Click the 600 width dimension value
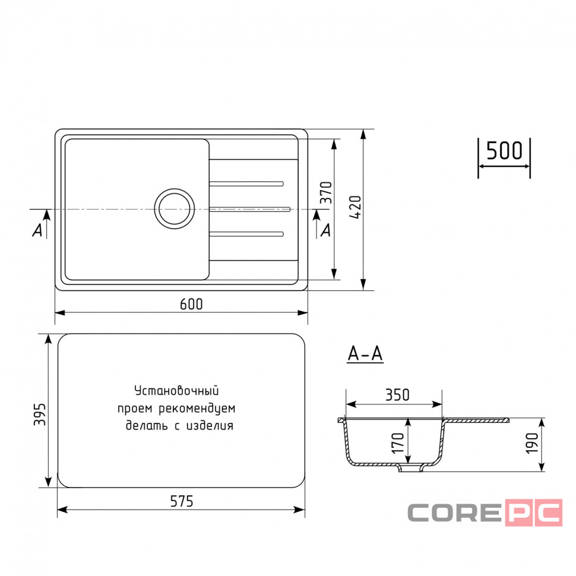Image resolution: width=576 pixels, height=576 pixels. (x=191, y=304)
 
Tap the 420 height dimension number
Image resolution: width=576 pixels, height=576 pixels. (x=356, y=208)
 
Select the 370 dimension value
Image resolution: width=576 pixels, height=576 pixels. (x=326, y=192)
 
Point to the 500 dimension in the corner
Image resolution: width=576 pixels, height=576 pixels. (x=504, y=150)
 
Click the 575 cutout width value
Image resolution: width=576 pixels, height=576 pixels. (x=182, y=501)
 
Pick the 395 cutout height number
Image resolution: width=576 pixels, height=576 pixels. (x=40, y=414)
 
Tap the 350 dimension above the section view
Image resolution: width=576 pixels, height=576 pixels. (x=397, y=395)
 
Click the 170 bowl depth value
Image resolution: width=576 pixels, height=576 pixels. (x=398, y=443)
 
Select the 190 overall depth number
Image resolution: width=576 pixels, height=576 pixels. (x=532, y=443)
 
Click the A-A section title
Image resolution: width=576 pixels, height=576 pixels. (x=365, y=354)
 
